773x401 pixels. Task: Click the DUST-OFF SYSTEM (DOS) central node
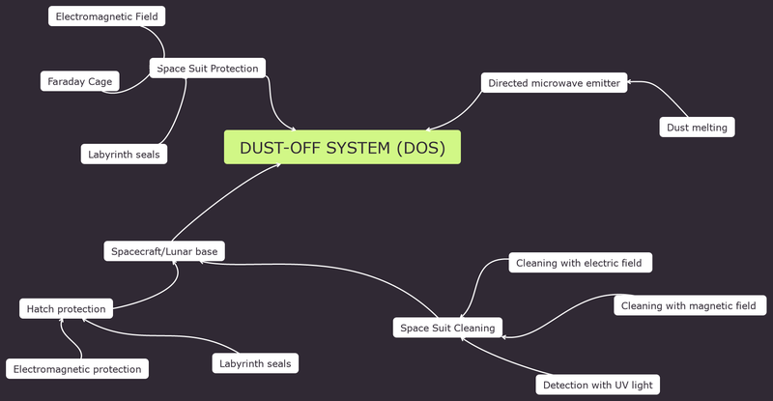coord(342,148)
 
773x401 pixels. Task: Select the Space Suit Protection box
coord(208,69)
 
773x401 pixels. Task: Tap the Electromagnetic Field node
coord(106,16)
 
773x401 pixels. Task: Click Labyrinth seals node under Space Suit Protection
coord(123,154)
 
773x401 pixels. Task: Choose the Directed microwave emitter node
coord(554,83)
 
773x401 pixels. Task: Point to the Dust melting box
coord(697,127)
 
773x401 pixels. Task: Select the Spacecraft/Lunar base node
coord(164,251)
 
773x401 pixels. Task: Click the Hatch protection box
coord(66,309)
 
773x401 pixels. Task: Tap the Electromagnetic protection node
coord(77,368)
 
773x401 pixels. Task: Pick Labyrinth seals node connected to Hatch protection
coord(255,363)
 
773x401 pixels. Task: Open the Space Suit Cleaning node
coord(447,328)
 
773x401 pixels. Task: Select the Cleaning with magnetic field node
coord(689,305)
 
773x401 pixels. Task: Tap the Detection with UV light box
coord(597,385)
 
